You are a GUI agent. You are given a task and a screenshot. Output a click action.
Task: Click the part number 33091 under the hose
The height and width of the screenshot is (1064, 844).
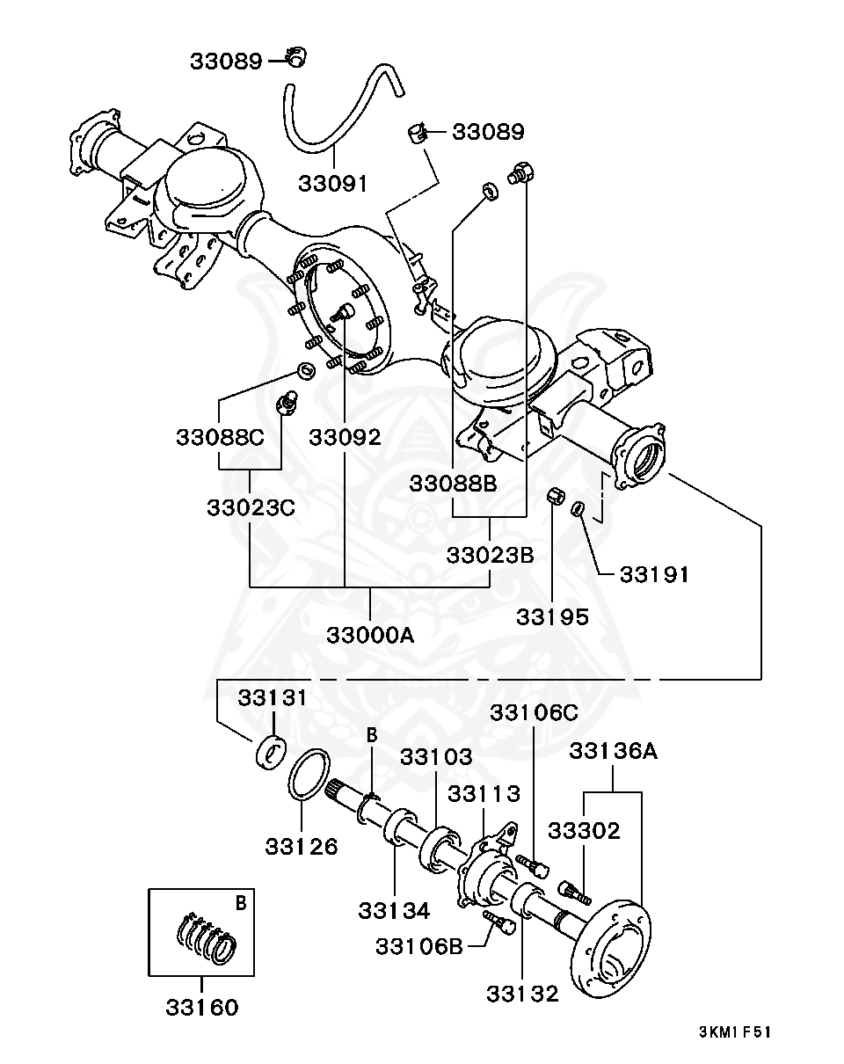click(x=333, y=184)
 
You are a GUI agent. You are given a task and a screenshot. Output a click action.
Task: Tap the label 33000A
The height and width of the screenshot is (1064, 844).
click(x=370, y=636)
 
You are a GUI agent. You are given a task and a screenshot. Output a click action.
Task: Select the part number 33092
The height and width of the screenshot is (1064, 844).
click(x=346, y=438)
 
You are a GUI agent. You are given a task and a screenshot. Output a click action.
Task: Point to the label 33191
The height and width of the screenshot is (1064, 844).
click(x=654, y=574)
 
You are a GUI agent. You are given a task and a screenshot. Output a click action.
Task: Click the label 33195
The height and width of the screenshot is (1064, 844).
click(x=552, y=617)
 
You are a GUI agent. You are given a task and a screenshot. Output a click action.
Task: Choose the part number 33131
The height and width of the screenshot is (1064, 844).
click(x=273, y=697)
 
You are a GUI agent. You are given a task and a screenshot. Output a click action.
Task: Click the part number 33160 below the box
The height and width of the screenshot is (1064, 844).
click(x=201, y=1007)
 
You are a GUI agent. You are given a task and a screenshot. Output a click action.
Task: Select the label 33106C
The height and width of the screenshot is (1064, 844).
click(x=534, y=713)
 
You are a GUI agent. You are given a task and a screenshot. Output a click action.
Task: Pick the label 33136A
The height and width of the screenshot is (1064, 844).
click(x=613, y=751)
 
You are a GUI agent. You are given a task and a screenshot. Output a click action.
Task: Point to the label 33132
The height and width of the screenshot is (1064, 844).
click(x=522, y=994)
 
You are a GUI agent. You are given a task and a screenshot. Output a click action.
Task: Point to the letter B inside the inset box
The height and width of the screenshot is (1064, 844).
click(x=240, y=904)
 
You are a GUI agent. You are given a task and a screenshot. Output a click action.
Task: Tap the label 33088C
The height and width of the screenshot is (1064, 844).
click(x=220, y=437)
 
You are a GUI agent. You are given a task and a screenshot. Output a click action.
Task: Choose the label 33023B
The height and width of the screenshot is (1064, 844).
click(x=490, y=555)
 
